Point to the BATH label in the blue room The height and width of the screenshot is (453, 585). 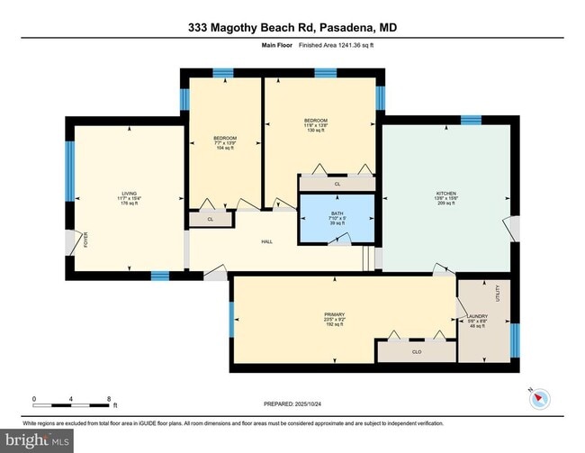pyautogui.click(x=334, y=216)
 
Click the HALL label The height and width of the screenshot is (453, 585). pyautogui.click(x=266, y=241)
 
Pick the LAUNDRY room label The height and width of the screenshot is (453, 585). pyautogui.click(x=477, y=315)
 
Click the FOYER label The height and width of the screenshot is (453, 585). pyautogui.click(x=87, y=240)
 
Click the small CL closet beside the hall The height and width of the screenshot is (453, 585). pyautogui.click(x=211, y=218)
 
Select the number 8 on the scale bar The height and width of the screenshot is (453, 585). pyautogui.click(x=109, y=398)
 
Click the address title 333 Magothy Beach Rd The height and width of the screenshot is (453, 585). pyautogui.click(x=292, y=29)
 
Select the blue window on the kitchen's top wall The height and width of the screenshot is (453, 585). pyautogui.click(x=471, y=120)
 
